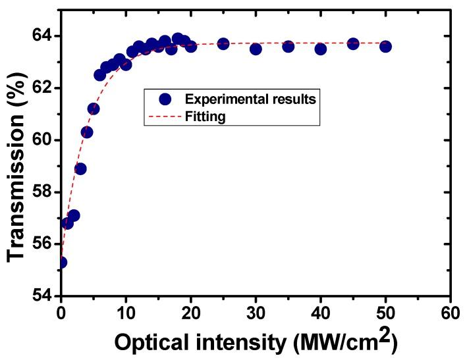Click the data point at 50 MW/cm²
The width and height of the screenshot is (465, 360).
[385, 46]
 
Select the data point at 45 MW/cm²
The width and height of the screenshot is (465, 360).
[353, 43]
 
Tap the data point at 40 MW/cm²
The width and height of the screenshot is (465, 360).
[321, 49]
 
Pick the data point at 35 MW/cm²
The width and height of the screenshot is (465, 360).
[288, 46]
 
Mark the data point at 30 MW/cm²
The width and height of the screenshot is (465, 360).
[256, 49]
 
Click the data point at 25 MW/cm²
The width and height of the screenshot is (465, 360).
[223, 43]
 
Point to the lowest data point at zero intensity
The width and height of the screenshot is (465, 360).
[61, 263]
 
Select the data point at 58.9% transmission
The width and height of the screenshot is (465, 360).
[80, 168]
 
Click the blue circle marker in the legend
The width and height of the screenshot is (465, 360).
[165, 99]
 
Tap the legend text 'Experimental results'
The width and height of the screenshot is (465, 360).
[251, 99]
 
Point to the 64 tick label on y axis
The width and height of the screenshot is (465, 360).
[43, 36]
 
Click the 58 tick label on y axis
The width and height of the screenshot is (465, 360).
[43, 192]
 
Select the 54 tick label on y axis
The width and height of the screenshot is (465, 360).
[43, 296]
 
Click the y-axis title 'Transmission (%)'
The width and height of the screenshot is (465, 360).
[17, 166]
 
